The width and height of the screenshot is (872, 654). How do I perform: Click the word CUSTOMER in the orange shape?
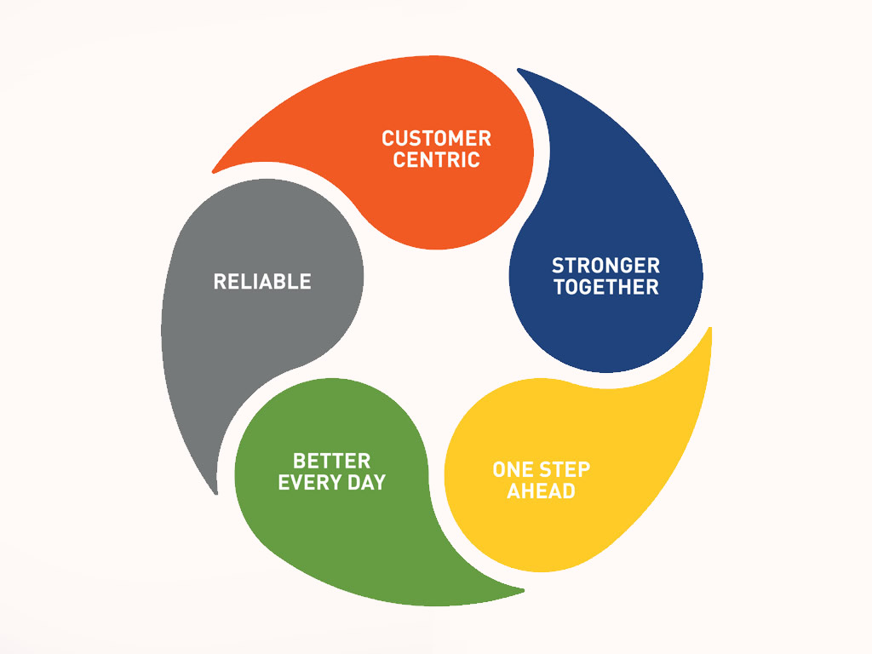pos(436,138)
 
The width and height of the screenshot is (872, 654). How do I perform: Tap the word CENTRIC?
pos(436,159)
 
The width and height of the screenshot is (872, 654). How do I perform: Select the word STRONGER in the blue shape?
pos(605,266)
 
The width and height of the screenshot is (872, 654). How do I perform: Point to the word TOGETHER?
pos(605,287)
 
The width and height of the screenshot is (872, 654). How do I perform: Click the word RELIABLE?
pos(262,281)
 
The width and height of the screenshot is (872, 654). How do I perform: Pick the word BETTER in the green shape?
pos(331,461)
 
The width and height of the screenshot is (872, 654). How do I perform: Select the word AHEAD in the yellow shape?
pos(541,491)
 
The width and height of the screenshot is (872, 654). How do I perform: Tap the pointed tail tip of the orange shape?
pos(214,171)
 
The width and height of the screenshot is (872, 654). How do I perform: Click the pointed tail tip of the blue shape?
pos(519,69)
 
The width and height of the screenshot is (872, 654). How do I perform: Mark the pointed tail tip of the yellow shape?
pos(710,328)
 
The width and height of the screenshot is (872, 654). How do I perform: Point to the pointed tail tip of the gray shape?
pos(215,492)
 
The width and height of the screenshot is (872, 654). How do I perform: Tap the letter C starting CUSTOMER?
pos(387,138)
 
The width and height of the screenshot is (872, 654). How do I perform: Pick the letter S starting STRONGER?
pos(558,266)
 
